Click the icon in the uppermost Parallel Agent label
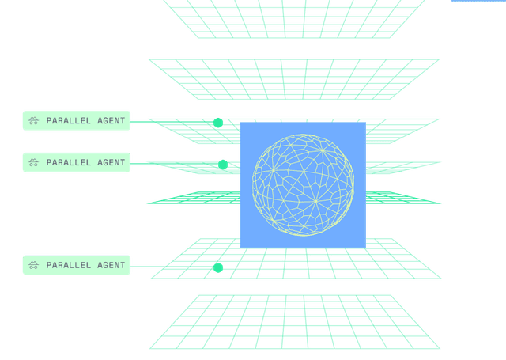coord(33,121)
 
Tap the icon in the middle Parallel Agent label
coord(33,162)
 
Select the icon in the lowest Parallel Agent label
coord(33,265)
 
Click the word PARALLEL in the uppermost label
coord(69,121)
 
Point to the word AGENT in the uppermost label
coord(111,121)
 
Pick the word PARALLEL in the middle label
coord(69,162)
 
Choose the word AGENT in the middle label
coord(111,162)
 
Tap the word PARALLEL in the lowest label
coord(69,265)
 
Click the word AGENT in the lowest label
coord(111,265)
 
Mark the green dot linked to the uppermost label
coord(218,123)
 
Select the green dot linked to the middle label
coord(223,165)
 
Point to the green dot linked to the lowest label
coord(218,267)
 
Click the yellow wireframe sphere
coord(303,184)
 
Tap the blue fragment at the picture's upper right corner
coord(478,1)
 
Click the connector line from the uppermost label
coord(172,122)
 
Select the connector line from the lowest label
coord(172,267)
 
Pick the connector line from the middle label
coord(174,164)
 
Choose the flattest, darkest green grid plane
coord(194,198)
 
